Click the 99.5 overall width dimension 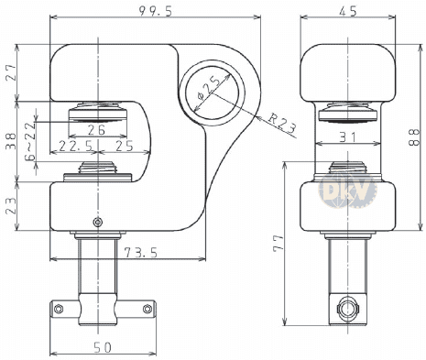pos(156,11)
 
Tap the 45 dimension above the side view pos(348,11)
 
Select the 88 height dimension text pos(414,137)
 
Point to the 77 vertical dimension pos(279,243)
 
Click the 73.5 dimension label pos(141,253)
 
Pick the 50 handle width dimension pos(103,347)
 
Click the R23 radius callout pos(282,123)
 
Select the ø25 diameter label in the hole pos(210,89)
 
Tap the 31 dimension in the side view pos(348,137)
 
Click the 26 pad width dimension pos(96,130)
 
